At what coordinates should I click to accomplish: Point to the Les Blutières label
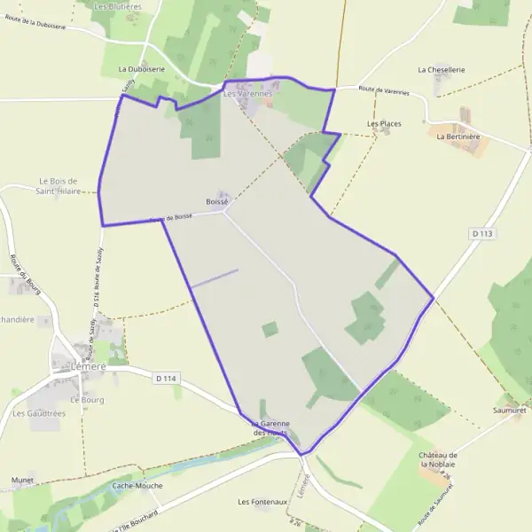click(117, 6)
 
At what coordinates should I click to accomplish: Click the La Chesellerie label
click(441, 69)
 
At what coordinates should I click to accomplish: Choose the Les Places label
click(384, 123)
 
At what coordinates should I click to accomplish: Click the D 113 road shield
click(481, 233)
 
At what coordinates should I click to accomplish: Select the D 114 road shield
click(166, 379)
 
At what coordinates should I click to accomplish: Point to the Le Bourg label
click(87, 400)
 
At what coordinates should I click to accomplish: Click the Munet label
click(22, 480)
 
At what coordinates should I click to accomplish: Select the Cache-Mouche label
click(137, 486)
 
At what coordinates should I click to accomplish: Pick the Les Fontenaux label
click(263, 502)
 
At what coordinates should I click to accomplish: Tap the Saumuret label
click(510, 411)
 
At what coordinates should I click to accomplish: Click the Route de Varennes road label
click(383, 89)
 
